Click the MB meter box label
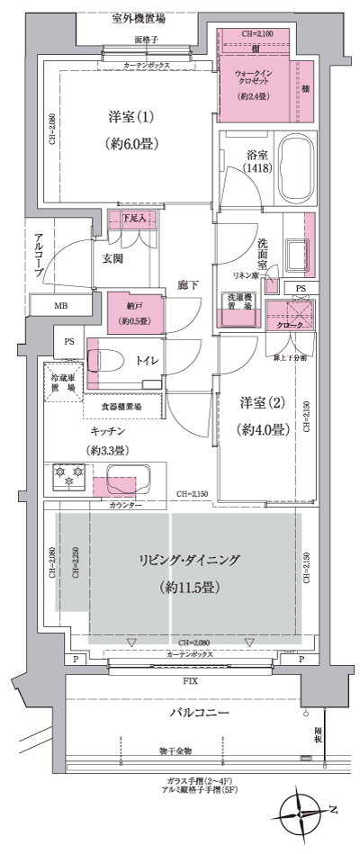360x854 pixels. (x=60, y=307)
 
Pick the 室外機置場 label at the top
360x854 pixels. (x=138, y=18)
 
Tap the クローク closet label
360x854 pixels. (x=289, y=325)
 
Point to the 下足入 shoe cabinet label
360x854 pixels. (x=133, y=218)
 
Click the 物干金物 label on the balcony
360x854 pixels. (x=176, y=751)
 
